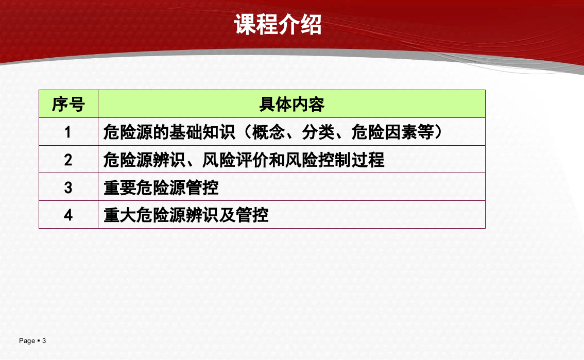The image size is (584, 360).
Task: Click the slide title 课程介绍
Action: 278,24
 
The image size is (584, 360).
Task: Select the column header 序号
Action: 68,105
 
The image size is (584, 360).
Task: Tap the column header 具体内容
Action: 291,105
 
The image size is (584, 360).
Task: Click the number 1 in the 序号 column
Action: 68,132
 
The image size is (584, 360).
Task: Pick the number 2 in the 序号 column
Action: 68,160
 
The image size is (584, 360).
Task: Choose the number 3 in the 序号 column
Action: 68,187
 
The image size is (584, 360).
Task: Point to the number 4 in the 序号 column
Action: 68,215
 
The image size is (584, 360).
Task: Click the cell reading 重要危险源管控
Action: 161,187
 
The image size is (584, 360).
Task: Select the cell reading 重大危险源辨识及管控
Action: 186,215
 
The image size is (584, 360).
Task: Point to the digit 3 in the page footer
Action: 44,340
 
